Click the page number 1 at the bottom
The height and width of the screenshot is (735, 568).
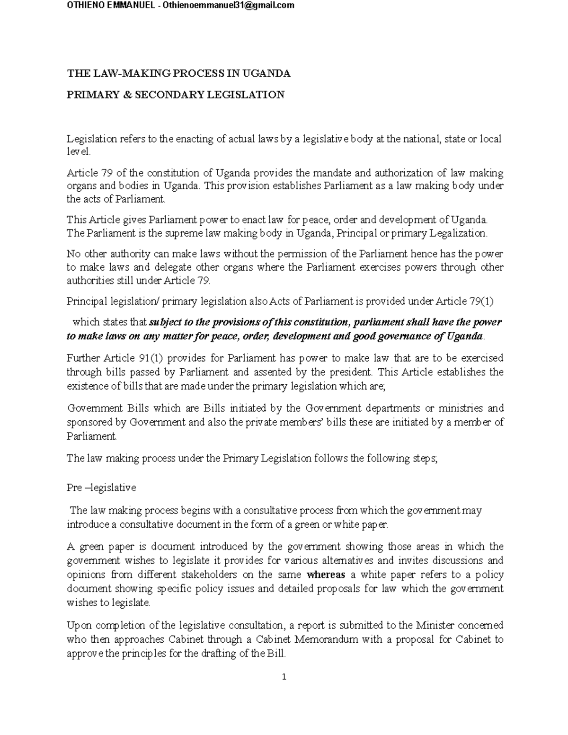[284, 677]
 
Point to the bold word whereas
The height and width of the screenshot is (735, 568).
[326, 575]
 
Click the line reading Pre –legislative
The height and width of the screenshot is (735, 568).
[101, 487]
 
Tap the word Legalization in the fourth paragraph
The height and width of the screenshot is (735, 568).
[458, 233]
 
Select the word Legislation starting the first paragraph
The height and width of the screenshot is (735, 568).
[91, 139]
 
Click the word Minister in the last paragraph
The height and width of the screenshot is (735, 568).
[435, 625]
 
